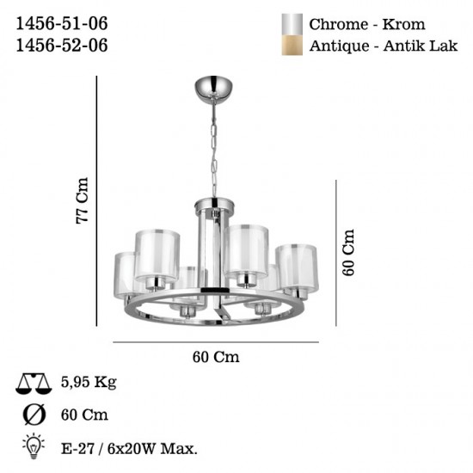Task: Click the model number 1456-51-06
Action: click(62, 23)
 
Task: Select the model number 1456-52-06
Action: click(62, 46)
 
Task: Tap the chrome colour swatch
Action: click(292, 24)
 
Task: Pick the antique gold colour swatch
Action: click(292, 46)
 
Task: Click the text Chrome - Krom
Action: click(367, 24)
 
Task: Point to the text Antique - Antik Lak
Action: click(384, 46)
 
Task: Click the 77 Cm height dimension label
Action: click(82, 200)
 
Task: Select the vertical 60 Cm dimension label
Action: click(348, 252)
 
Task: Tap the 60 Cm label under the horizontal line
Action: click(216, 357)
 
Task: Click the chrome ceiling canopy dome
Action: click(214, 89)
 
